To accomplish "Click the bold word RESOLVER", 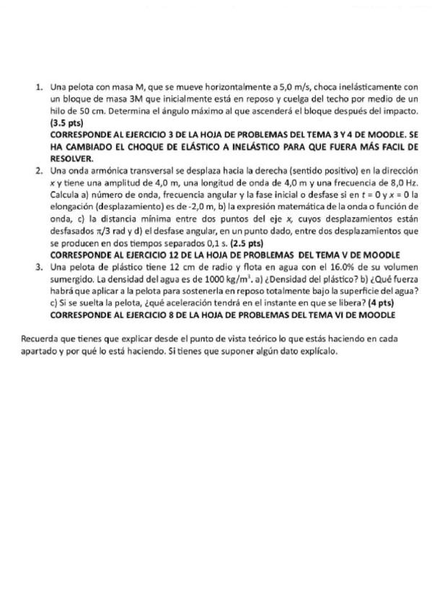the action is pyautogui.click(x=72, y=158).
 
